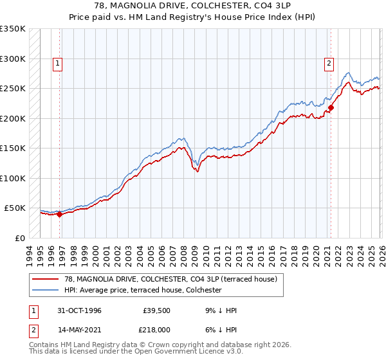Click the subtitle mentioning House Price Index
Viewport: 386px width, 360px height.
(x=192, y=17)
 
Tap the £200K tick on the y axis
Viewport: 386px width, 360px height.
(x=13, y=118)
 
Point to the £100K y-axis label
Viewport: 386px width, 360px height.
(x=13, y=178)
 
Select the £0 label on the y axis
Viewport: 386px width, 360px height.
(x=19, y=238)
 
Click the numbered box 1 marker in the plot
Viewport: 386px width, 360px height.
(x=58, y=63)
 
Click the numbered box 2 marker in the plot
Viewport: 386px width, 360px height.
(x=329, y=63)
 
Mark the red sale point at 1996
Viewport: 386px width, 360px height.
(x=59, y=215)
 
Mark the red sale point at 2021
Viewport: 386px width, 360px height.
(x=331, y=107)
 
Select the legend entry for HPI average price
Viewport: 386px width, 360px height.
(x=142, y=291)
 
